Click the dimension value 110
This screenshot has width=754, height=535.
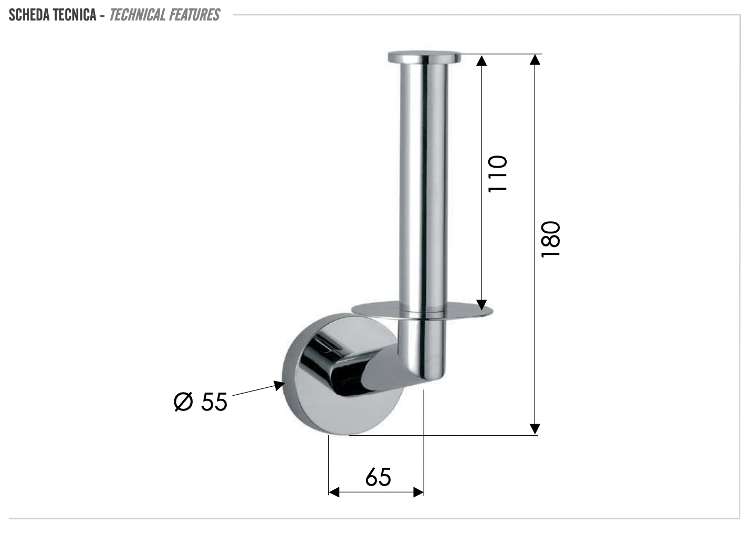(497, 174)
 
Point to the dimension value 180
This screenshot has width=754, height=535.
(551, 239)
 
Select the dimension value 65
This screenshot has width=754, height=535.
(378, 477)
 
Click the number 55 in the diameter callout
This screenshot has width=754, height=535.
(214, 402)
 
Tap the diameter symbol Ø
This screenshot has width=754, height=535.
(183, 402)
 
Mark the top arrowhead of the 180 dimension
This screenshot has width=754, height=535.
(535, 59)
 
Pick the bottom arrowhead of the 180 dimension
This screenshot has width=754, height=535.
(535, 429)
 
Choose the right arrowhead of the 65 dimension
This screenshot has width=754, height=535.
(418, 492)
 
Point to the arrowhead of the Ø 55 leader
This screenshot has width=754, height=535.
(278, 386)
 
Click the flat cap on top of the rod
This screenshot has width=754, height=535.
(423, 57)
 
